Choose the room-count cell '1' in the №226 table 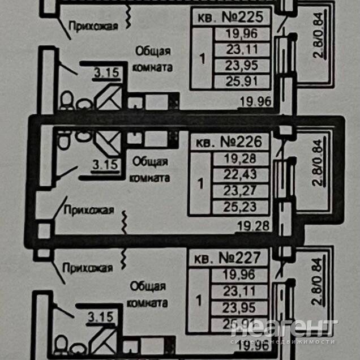(x=200, y=183)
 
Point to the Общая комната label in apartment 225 (x=153, y=59)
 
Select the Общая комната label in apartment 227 (x=149, y=294)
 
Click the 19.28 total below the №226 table (x=253, y=226)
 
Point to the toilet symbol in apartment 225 (x=66, y=101)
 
